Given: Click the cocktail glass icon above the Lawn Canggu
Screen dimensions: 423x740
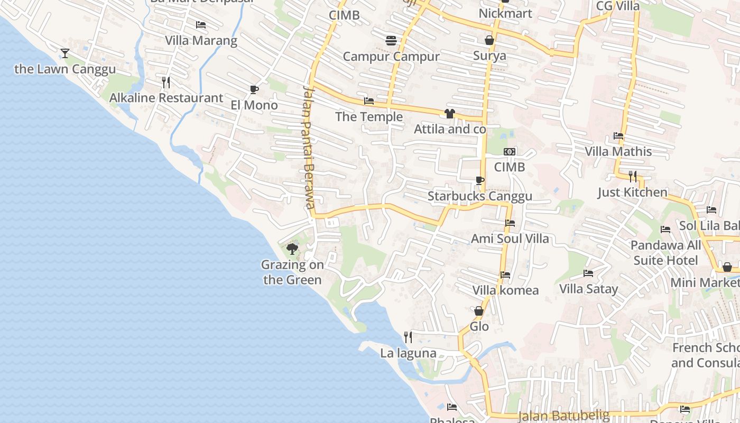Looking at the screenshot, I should point(65,53).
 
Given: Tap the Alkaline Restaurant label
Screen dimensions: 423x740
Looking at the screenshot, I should point(166,98).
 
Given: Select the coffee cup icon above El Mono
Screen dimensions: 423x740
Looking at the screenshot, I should point(254,89).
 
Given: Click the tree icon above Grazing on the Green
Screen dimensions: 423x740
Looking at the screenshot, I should point(292,249).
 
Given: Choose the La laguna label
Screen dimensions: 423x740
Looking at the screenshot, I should point(409,353).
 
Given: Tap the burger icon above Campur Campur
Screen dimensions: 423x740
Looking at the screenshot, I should point(391,41).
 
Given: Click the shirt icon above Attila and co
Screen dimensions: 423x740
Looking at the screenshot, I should point(450,113).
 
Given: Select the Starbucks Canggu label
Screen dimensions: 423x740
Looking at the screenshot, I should point(480,196).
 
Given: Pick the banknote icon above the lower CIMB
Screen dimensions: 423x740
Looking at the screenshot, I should point(510,152).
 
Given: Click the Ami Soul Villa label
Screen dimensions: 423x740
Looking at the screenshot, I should point(510,238).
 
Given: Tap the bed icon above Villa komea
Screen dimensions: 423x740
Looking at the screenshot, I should point(505,275).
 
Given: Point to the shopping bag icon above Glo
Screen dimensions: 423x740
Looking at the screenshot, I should point(479,311).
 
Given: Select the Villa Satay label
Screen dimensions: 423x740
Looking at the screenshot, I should point(589,289).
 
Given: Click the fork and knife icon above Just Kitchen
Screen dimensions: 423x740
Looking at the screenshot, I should point(632,176).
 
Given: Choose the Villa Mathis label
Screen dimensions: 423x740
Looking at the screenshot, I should point(618,152).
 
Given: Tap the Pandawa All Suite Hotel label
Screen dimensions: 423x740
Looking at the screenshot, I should point(666,253).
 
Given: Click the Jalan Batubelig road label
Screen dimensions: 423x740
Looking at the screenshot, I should point(564,416).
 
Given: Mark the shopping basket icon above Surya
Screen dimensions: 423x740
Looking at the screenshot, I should point(489,40).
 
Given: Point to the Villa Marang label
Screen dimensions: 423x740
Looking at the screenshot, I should point(201,41).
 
